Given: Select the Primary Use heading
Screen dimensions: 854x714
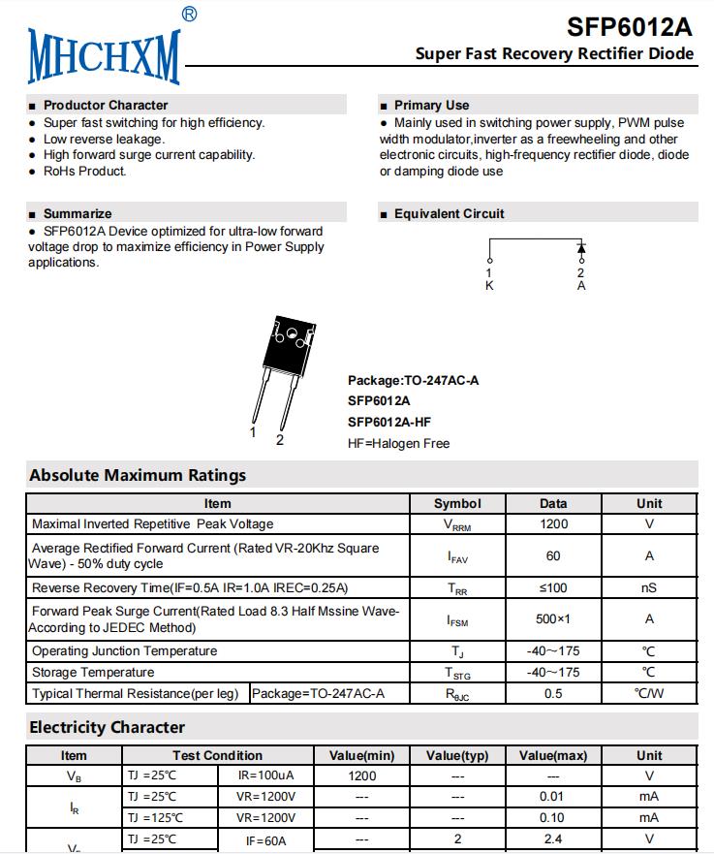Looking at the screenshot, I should point(431,105).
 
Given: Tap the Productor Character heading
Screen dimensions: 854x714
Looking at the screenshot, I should point(106,105).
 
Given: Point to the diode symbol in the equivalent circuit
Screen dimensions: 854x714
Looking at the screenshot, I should point(581,248).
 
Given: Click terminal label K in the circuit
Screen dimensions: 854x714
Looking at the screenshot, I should point(489,286).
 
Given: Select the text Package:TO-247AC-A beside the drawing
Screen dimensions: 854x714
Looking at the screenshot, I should point(413,380).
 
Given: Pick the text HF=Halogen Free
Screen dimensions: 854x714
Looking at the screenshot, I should point(398,443).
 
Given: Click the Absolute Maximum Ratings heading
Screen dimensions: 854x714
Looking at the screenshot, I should point(138,475).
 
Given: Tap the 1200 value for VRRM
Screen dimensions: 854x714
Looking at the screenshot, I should point(553,524).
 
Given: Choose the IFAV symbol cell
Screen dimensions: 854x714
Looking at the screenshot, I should point(457,556).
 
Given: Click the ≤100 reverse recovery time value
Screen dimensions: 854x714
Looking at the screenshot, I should point(553,587).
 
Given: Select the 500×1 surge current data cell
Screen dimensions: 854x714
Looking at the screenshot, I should point(553,618).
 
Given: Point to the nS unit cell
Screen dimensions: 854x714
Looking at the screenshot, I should point(649,587).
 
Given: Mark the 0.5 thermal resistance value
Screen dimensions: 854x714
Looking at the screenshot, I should point(553,693).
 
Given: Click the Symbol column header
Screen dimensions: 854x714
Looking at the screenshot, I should point(457,503).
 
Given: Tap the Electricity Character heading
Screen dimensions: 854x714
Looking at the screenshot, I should point(107,727).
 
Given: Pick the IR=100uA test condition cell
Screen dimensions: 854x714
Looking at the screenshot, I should point(265,775).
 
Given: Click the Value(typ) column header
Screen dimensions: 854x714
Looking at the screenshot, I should point(457,755).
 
